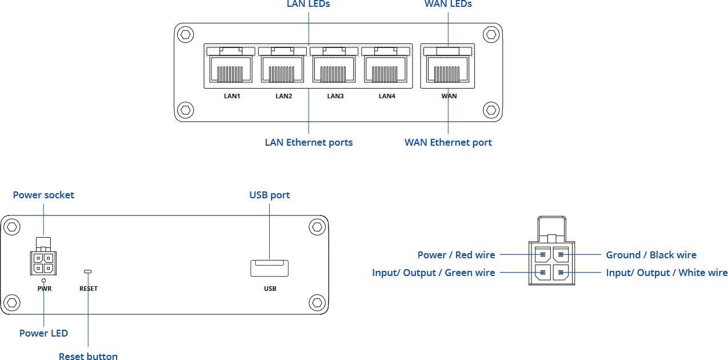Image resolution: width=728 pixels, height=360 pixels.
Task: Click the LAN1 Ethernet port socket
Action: (x=232, y=68)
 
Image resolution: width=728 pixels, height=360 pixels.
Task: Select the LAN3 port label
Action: (x=335, y=96)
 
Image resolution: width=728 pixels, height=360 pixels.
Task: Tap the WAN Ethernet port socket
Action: (x=449, y=68)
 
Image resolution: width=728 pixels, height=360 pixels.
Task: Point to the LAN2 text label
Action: (x=283, y=96)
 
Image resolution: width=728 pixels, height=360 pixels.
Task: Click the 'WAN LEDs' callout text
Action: (x=448, y=4)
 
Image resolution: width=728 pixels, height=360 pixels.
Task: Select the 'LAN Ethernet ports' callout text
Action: (x=309, y=142)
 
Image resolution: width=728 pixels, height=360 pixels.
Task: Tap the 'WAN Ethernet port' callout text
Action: (x=448, y=142)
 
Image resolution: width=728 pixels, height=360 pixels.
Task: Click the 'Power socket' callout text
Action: (x=43, y=195)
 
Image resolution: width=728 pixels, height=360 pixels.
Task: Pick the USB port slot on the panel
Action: (x=269, y=268)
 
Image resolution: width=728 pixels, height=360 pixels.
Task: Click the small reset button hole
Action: (x=87, y=271)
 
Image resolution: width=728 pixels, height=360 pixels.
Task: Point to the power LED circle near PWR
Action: (x=44, y=281)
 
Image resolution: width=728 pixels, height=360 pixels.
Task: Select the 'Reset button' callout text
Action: (x=88, y=357)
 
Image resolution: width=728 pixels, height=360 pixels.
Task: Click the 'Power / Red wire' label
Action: (x=456, y=255)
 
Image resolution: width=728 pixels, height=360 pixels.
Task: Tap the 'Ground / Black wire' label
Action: (x=651, y=255)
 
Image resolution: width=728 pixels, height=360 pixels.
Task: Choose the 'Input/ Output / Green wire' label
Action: (x=433, y=273)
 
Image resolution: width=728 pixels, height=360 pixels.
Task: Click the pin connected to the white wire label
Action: (x=561, y=273)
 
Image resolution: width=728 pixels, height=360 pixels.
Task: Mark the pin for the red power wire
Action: (x=542, y=255)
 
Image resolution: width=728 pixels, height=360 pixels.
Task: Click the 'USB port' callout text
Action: (x=269, y=195)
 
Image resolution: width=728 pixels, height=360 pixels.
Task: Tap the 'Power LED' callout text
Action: (x=43, y=333)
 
